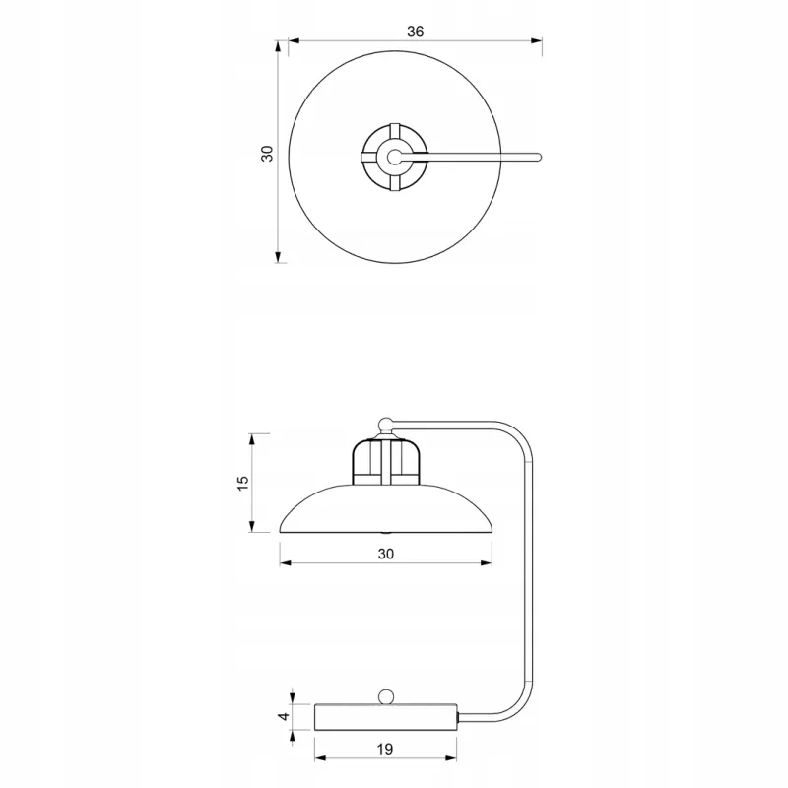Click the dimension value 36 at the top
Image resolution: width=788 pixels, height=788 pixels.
[415, 32]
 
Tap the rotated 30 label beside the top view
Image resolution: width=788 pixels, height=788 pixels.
[267, 154]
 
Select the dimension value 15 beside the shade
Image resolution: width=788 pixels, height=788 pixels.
[242, 483]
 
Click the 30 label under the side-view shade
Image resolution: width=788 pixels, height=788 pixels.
[385, 554]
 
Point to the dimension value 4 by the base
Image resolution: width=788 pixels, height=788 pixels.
[285, 716]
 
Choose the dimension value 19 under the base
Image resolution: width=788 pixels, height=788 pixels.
[384, 750]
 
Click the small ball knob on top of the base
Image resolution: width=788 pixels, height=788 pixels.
[386, 697]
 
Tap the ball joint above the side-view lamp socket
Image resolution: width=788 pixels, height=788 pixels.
[385, 425]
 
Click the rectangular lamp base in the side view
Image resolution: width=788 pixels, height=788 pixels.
[386, 717]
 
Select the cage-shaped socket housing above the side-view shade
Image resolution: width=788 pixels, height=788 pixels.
[386, 462]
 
